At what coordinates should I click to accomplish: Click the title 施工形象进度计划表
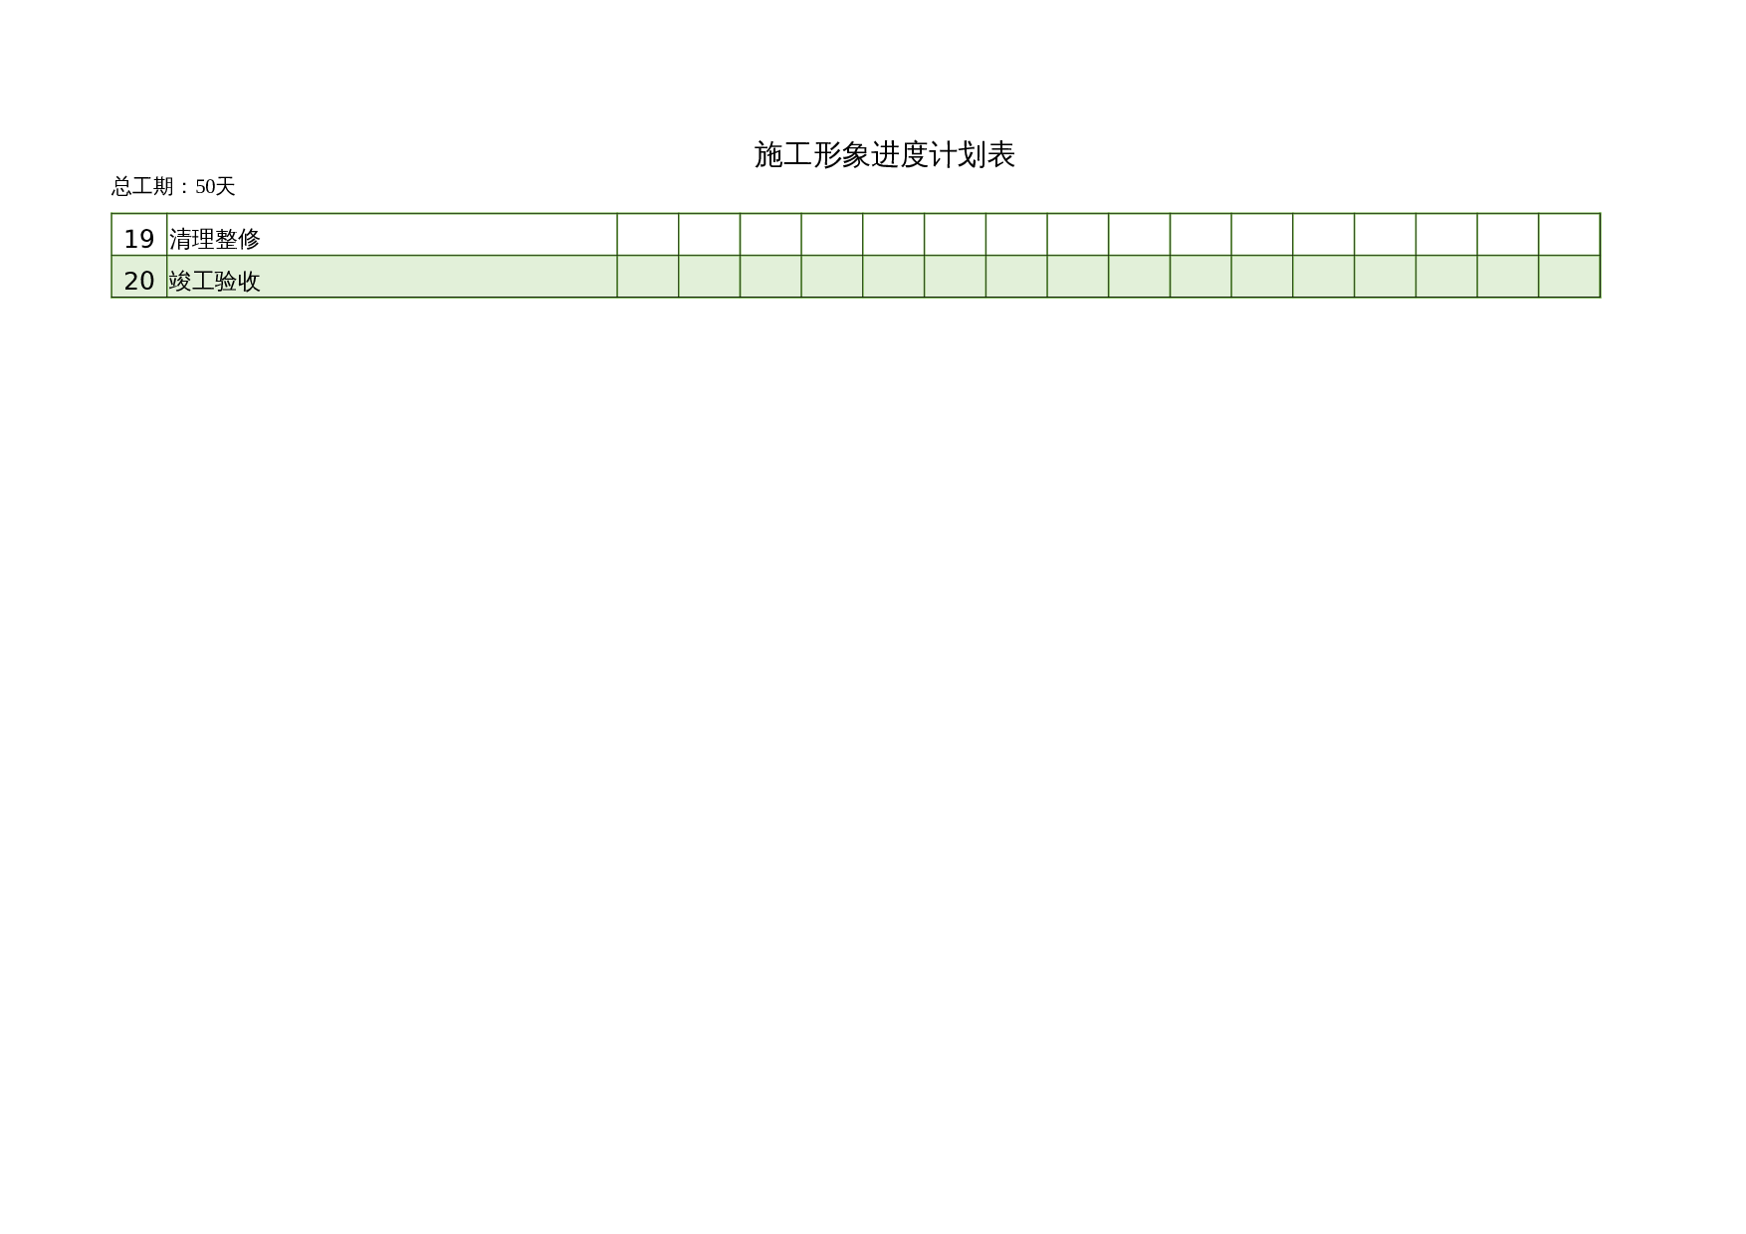click(x=884, y=155)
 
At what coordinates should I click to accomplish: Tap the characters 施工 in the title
click(x=782, y=155)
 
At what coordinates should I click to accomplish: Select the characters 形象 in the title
click(x=841, y=155)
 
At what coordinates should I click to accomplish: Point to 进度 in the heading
click(x=899, y=155)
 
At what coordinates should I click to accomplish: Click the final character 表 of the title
click(x=1000, y=155)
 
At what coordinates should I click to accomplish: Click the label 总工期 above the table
click(x=142, y=186)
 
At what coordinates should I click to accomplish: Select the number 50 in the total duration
click(x=205, y=186)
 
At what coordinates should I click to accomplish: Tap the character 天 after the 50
click(x=226, y=186)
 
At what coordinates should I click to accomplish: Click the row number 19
click(x=139, y=239)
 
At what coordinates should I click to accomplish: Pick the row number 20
click(x=139, y=281)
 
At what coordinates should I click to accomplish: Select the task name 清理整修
click(x=214, y=239)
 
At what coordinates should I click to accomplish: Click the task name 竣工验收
click(x=214, y=281)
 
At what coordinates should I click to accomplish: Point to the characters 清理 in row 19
click(x=192, y=239)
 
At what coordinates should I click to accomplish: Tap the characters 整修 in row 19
click(x=238, y=239)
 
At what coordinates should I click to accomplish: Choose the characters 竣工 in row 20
click(x=192, y=281)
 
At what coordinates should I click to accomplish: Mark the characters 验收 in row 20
click(x=238, y=281)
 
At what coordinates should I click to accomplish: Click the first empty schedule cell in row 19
click(x=648, y=235)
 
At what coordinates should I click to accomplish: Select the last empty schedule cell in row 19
click(x=1570, y=235)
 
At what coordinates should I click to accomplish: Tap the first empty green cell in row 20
click(x=648, y=277)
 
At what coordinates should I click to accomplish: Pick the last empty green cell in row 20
click(x=1570, y=277)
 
